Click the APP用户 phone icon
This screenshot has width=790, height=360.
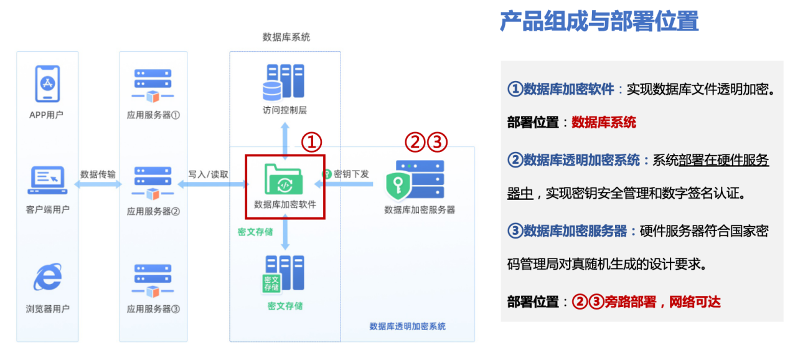pos(48,83)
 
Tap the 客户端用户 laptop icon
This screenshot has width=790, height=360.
pos(48,179)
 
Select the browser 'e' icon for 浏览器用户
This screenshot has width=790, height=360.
pos(48,277)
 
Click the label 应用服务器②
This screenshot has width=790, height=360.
pos(153,211)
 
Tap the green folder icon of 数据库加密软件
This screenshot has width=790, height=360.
pos(284,179)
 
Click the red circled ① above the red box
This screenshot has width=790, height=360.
pos(311,143)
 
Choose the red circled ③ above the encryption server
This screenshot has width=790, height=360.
pos(438,143)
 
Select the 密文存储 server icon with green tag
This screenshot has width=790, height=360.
pos(284,273)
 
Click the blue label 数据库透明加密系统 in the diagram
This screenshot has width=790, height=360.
pos(407,326)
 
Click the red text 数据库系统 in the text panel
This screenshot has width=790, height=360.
pos(604,122)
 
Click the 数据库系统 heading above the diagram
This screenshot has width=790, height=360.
pos(286,37)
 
